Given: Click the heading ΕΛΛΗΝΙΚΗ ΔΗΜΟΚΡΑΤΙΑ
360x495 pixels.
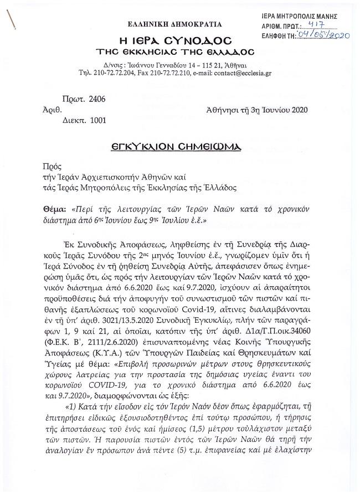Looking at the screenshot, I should tap(174, 24).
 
